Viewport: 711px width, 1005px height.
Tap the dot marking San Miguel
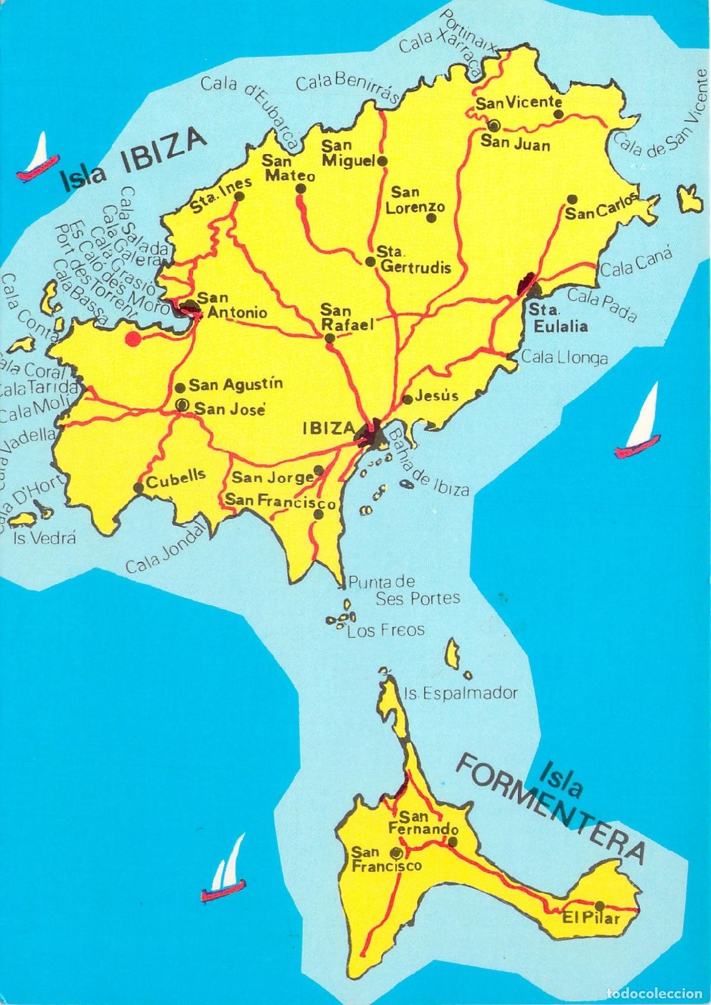point(383,161)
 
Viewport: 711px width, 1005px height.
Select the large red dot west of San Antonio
point(133,338)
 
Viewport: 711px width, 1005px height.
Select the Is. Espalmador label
point(460,692)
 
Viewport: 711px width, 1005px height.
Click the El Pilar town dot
point(600,921)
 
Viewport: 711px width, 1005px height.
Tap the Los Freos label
point(386,630)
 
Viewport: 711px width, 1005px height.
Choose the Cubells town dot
point(138,488)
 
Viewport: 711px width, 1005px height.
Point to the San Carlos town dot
point(572,199)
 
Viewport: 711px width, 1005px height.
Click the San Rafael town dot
point(329,338)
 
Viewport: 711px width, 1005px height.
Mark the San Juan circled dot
point(493,125)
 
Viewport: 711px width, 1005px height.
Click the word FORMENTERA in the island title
point(552,806)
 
